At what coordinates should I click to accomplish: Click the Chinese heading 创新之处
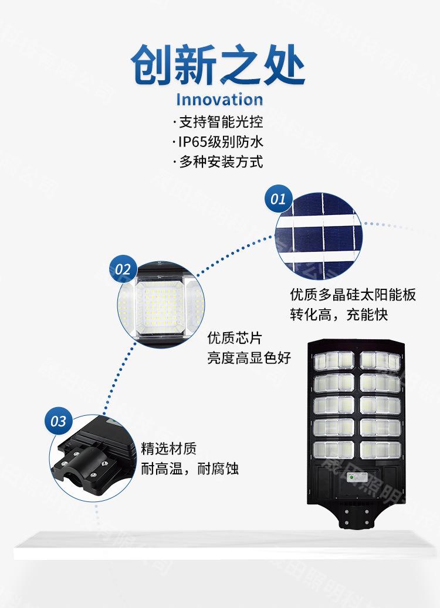pyautogui.click(x=218, y=66)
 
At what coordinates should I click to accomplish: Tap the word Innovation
pyautogui.click(x=219, y=99)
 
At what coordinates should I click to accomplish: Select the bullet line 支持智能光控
pyautogui.click(x=219, y=122)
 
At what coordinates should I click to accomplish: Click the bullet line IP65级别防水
pyautogui.click(x=219, y=142)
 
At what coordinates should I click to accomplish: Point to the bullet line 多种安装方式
pyautogui.click(x=219, y=162)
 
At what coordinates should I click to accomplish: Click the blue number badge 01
pyautogui.click(x=278, y=199)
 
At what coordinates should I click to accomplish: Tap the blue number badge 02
pyautogui.click(x=123, y=269)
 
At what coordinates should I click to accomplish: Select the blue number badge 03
pyautogui.click(x=59, y=421)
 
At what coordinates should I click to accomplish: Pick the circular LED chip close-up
pyautogui.click(x=161, y=303)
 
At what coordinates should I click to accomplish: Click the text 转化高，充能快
pyautogui.click(x=339, y=315)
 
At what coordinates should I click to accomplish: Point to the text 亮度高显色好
pyautogui.click(x=249, y=358)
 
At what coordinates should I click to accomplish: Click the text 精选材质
pyautogui.click(x=169, y=449)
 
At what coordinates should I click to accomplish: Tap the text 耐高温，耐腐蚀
pyautogui.click(x=190, y=469)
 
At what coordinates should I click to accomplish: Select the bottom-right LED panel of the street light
pyautogui.click(x=380, y=450)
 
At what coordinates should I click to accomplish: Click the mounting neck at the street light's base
pyautogui.click(x=356, y=515)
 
